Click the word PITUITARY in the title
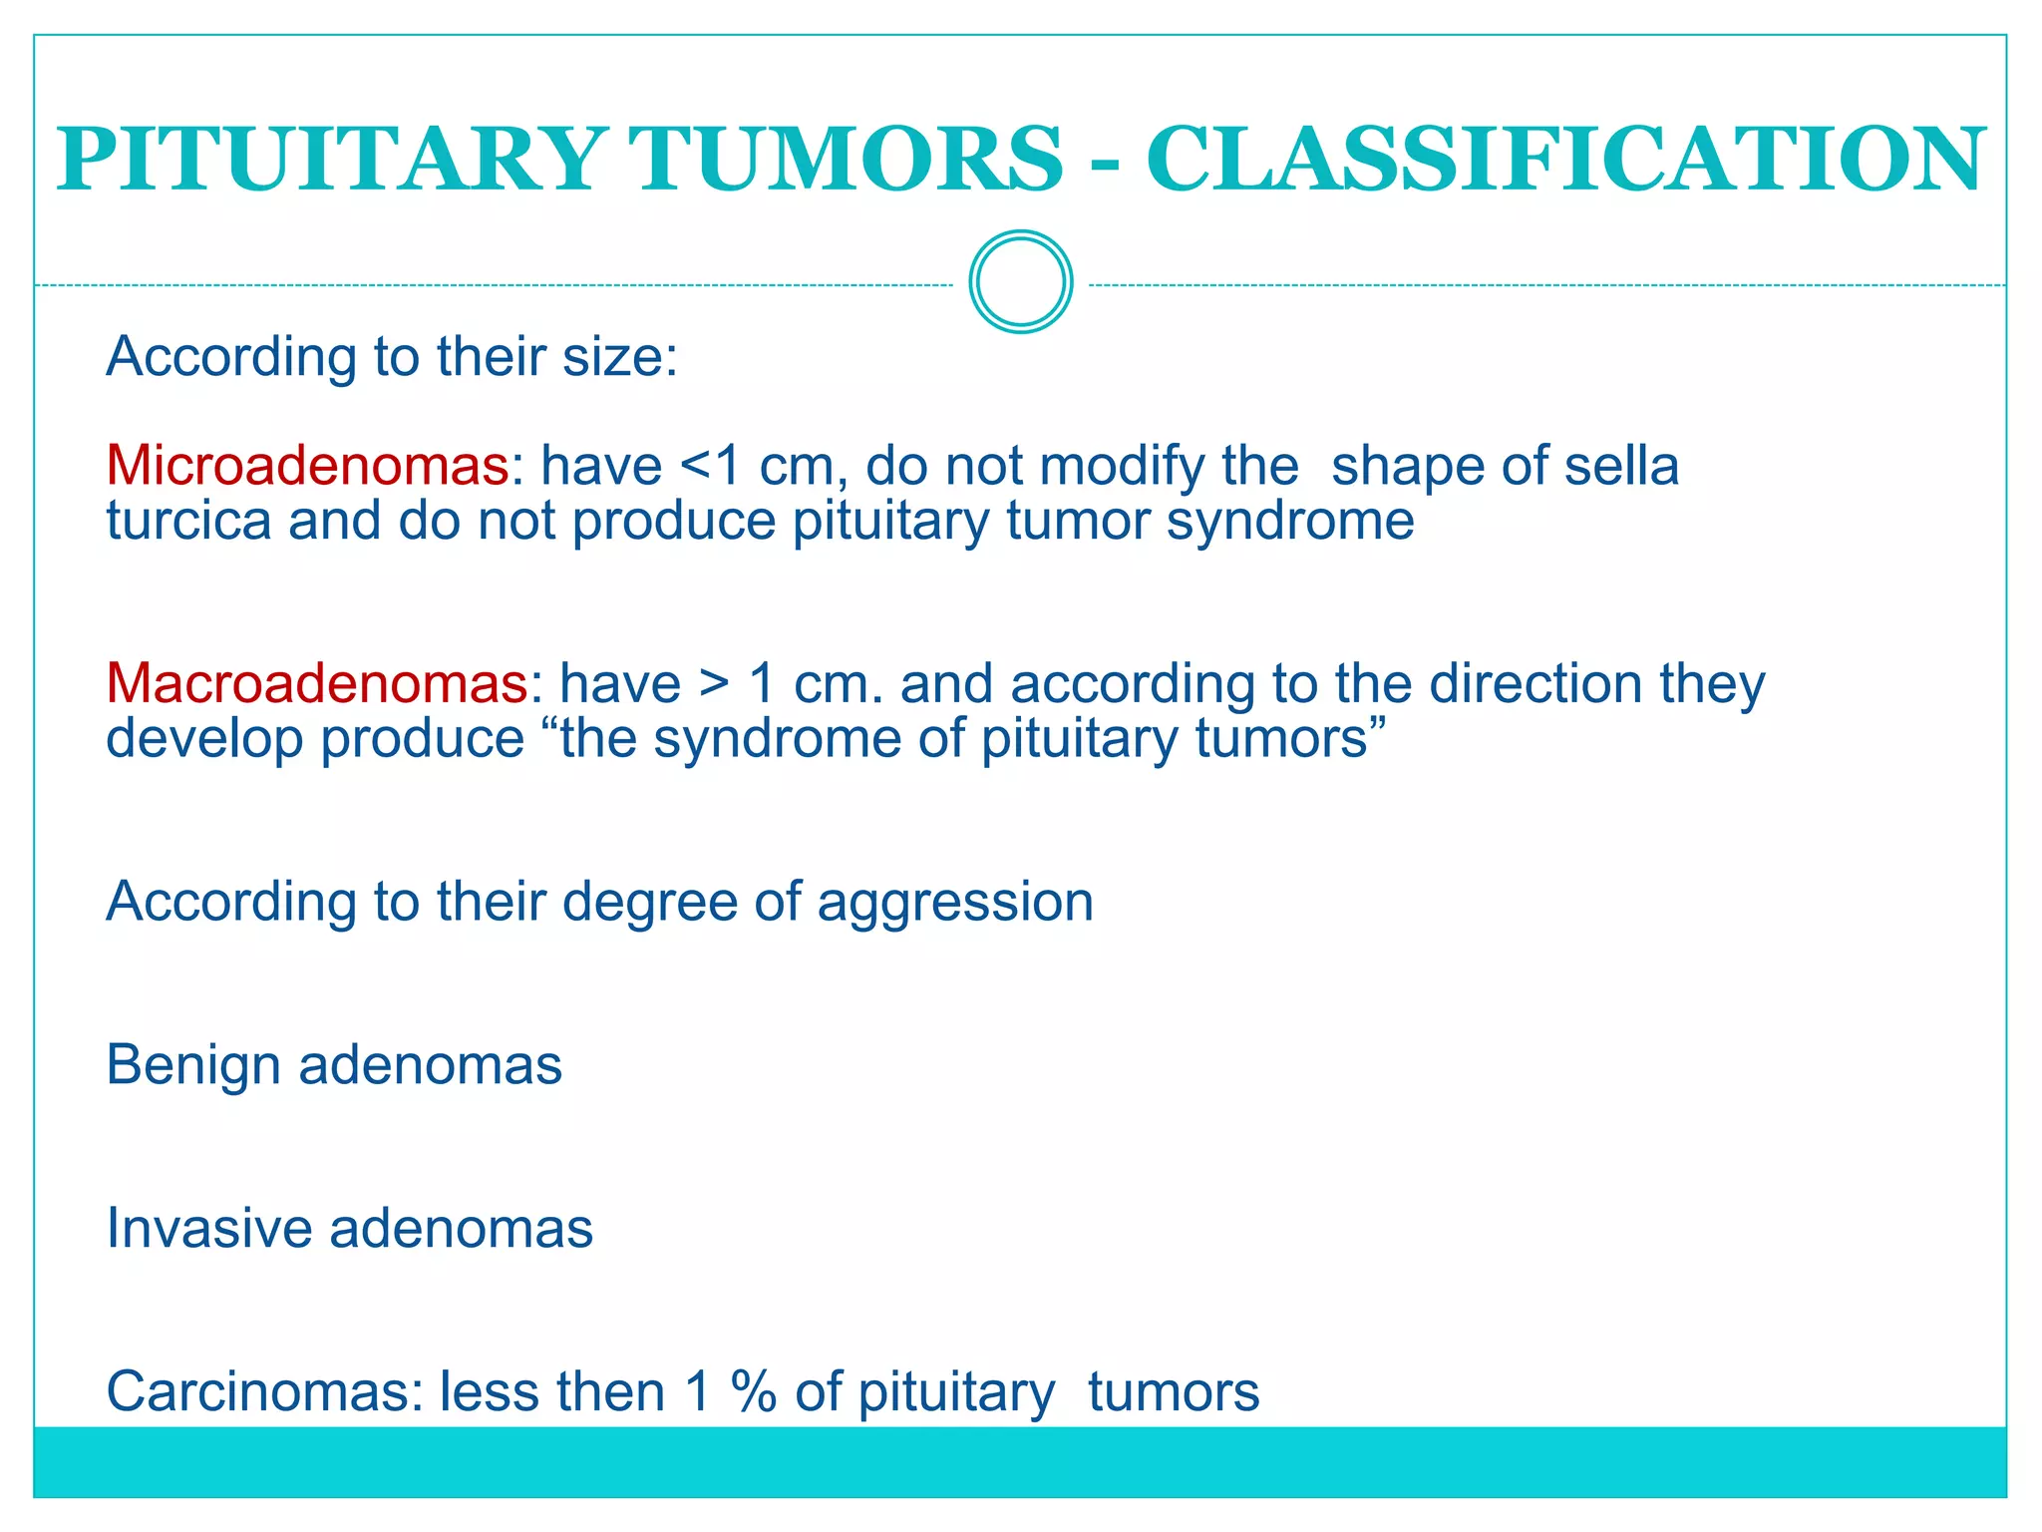[328, 160]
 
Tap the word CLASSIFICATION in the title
[1565, 160]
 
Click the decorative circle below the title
[1020, 282]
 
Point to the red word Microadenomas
[307, 466]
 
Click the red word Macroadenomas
[316, 684]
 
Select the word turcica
[188, 521]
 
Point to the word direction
[1534, 684]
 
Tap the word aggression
[955, 902]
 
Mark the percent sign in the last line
[753, 1391]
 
